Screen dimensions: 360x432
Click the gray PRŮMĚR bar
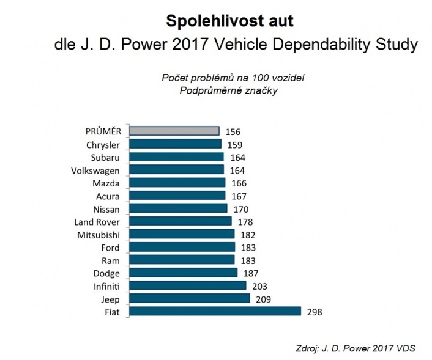pyautogui.click(x=174, y=131)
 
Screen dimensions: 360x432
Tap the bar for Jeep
pyautogui.click(x=190, y=298)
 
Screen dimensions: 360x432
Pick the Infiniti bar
pyautogui.click(x=188, y=285)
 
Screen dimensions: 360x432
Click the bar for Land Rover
pyautogui.click(x=181, y=221)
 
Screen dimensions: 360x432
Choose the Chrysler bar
pyautogui.click(x=176, y=144)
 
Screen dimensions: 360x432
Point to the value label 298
pyautogui.click(x=314, y=312)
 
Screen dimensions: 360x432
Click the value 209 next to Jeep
pyautogui.click(x=263, y=299)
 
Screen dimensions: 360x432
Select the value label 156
pyautogui.click(x=232, y=132)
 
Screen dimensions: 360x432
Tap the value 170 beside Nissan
pyautogui.click(x=240, y=209)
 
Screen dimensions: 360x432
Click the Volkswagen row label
pyautogui.click(x=95, y=170)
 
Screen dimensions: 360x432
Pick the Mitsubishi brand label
pyautogui.click(x=99, y=235)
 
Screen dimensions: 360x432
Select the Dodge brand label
pyautogui.click(x=106, y=273)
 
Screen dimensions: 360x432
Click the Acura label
pyautogui.click(x=107, y=196)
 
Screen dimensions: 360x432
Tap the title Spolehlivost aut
pyautogui.click(x=229, y=21)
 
